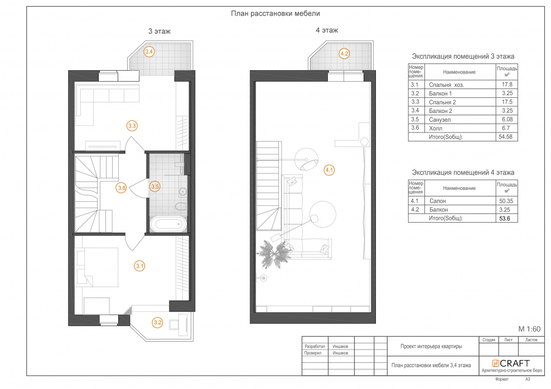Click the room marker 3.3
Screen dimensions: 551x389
(x=132, y=126)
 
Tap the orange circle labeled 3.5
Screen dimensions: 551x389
(x=155, y=186)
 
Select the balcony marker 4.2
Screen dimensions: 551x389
(x=344, y=53)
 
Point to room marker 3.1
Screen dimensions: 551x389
(x=140, y=266)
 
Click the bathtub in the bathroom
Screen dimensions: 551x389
(x=168, y=224)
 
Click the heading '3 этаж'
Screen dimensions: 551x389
(x=159, y=31)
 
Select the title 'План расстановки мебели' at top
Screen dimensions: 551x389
(x=275, y=13)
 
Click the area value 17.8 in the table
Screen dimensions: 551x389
(x=507, y=85)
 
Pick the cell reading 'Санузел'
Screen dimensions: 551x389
(x=439, y=120)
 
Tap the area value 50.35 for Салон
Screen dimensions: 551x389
(x=506, y=201)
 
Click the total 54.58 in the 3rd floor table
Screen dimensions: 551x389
(x=505, y=137)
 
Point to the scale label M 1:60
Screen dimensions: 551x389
(x=530, y=329)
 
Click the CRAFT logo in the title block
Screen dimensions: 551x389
(x=511, y=363)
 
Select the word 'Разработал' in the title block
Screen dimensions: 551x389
(x=315, y=346)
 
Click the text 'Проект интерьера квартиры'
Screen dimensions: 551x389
(x=431, y=346)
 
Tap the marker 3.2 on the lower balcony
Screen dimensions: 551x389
(x=157, y=322)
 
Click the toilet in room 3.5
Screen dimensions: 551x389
(x=181, y=206)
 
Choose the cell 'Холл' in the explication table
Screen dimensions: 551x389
(x=436, y=129)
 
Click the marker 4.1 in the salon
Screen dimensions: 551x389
(x=329, y=170)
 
